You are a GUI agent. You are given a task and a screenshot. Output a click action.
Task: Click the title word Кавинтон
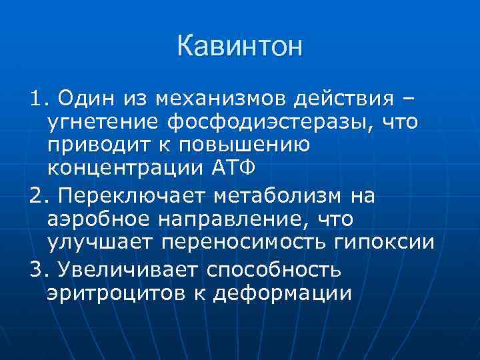coord(240,47)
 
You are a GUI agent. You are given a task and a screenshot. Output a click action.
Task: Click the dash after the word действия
coord(405,100)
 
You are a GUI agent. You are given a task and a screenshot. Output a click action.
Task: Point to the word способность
coord(284,270)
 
